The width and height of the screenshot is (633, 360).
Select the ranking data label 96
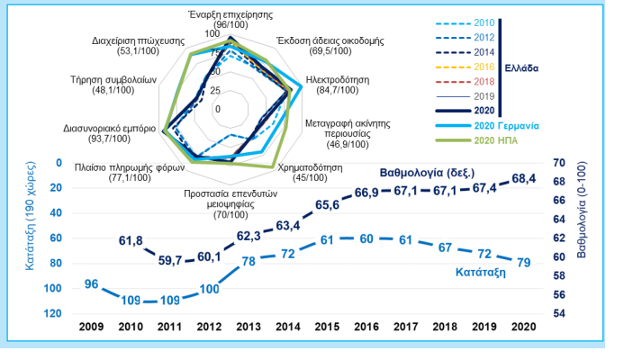click(91, 284)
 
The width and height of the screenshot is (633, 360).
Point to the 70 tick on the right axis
click(557, 163)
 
